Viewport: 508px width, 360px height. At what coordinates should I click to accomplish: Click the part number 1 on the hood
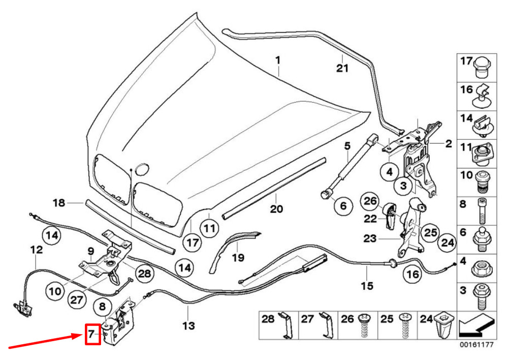coord(278,61)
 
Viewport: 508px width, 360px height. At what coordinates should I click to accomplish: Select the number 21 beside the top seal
coord(342,68)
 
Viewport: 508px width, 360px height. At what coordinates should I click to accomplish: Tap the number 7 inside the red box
coord(92,334)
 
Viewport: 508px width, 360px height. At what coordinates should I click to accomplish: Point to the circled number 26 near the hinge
coord(370,202)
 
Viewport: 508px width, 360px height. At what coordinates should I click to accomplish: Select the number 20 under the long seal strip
coord(276,209)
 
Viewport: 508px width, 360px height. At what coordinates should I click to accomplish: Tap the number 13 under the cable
coord(188,325)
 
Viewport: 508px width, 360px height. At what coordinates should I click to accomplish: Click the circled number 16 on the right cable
coord(412,275)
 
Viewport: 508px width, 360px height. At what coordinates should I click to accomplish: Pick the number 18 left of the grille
coord(59,202)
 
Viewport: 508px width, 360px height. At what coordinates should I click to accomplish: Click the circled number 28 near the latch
coord(145,274)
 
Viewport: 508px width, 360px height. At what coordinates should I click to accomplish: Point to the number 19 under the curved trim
coord(238,258)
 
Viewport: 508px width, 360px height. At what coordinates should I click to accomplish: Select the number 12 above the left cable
coord(37,250)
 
